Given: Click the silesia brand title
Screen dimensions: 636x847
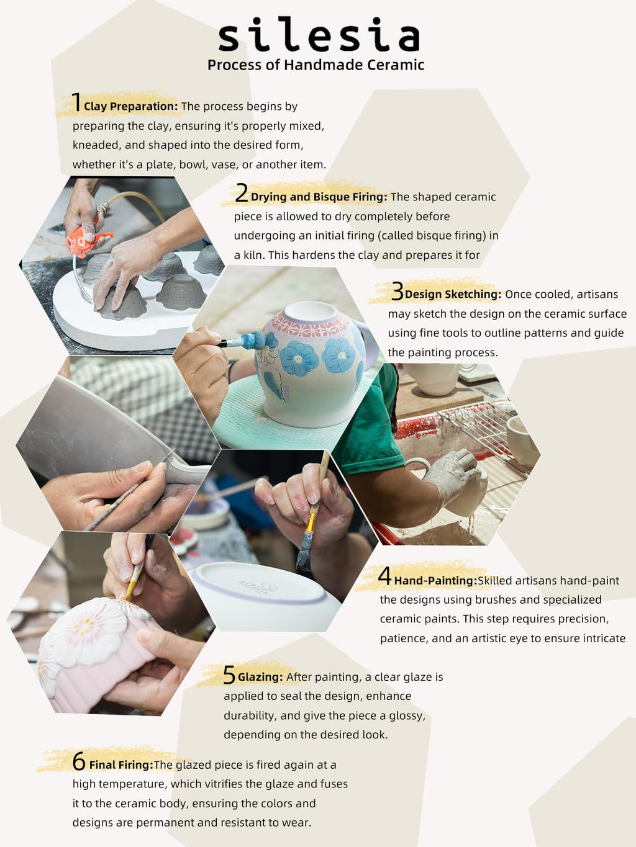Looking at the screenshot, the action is coord(319,34).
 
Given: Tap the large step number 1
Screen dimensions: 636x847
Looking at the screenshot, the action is coord(76,102).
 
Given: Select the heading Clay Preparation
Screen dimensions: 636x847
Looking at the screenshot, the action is coord(131,107).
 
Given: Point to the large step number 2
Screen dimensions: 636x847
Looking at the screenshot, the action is coord(242,192).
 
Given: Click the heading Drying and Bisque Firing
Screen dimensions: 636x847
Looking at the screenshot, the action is coord(319,197).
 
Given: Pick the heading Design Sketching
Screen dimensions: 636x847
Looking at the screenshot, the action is coord(453,294).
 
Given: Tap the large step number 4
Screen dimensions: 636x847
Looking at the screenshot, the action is coord(384,576).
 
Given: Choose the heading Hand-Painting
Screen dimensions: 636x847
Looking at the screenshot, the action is coord(436,581).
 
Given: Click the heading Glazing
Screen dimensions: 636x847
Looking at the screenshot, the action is coord(261,677).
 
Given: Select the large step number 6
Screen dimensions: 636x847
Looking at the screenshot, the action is coord(79,762).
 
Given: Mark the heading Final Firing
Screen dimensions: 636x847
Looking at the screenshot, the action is coord(121,765).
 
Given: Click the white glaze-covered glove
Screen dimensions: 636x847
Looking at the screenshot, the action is coord(452,476).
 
